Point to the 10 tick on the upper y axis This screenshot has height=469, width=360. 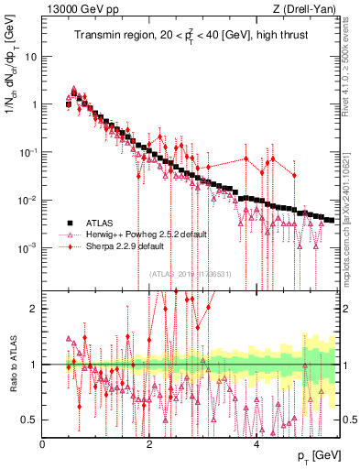(x=31, y=56)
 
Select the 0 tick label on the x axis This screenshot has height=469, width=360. (x=43, y=444)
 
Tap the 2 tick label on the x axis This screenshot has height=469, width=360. (x=149, y=444)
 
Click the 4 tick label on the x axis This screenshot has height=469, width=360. (x=256, y=444)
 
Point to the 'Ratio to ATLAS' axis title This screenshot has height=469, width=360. (x=12, y=365)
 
